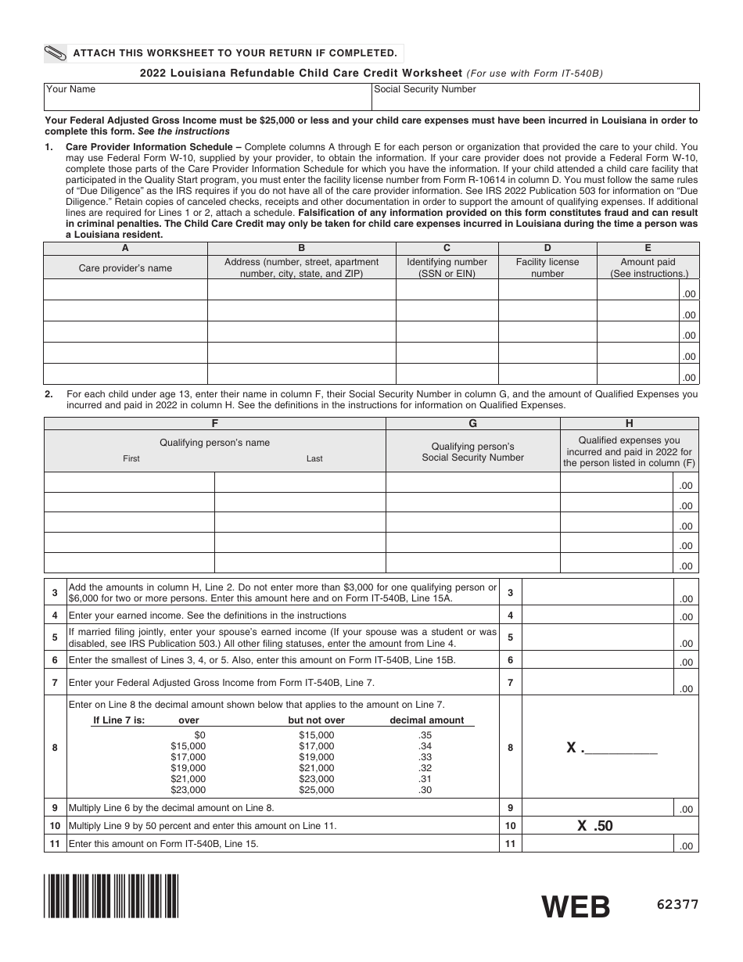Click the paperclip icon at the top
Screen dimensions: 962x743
pyautogui.click(x=56, y=53)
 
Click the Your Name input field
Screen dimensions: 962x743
pyautogui.click(x=207, y=100)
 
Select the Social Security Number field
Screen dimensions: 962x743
pyautogui.click(x=536, y=100)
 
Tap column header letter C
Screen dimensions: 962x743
pyautogui.click(x=447, y=247)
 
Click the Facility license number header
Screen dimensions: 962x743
pyautogui.click(x=547, y=267)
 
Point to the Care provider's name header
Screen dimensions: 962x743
pyautogui.click(x=125, y=267)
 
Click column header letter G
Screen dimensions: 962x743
pyautogui.click(x=472, y=423)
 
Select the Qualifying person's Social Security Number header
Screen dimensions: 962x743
pyautogui.click(x=472, y=451)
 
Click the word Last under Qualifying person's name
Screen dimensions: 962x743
pyautogui.click(x=314, y=458)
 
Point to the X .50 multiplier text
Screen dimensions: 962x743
pyautogui.click(x=595, y=825)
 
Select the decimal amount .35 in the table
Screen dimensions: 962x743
pyautogui.click(x=425, y=735)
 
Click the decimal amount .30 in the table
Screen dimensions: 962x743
pyautogui.click(x=425, y=790)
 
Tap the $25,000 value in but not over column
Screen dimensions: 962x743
pyautogui.click(x=316, y=790)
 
